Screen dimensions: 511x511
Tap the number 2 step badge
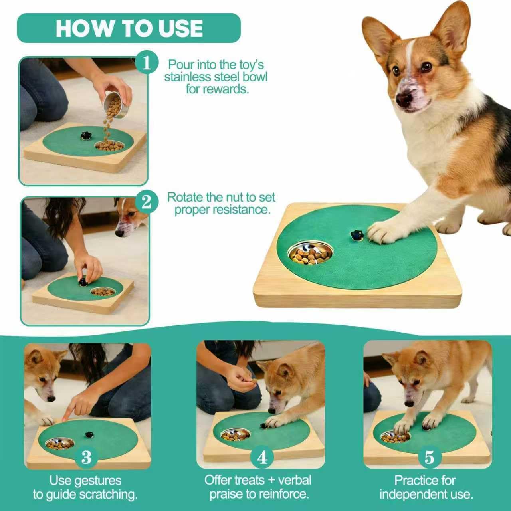coord(147,203)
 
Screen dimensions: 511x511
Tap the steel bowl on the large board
coord(311,254)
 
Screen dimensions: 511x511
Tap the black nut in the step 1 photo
coord(85,135)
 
